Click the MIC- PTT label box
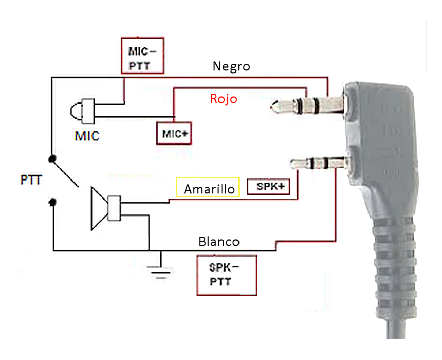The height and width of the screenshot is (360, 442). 142,56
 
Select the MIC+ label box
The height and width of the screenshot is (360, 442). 174,133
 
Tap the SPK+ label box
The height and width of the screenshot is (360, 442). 269,187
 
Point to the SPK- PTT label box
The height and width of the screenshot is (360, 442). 227,275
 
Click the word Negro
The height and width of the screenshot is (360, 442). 231,66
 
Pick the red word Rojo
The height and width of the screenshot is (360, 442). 224,99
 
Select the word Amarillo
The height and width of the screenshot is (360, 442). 209,189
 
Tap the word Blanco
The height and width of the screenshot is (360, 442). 219,242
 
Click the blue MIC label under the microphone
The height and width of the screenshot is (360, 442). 87,136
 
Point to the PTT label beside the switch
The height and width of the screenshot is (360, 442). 31,179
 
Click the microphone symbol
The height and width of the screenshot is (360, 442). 82,111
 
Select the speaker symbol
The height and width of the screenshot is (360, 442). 106,208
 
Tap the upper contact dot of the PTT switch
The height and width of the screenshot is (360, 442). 52,159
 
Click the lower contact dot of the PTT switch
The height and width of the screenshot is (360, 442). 52,202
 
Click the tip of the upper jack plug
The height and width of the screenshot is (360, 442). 272,106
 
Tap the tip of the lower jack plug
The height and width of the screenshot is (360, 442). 292,164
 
